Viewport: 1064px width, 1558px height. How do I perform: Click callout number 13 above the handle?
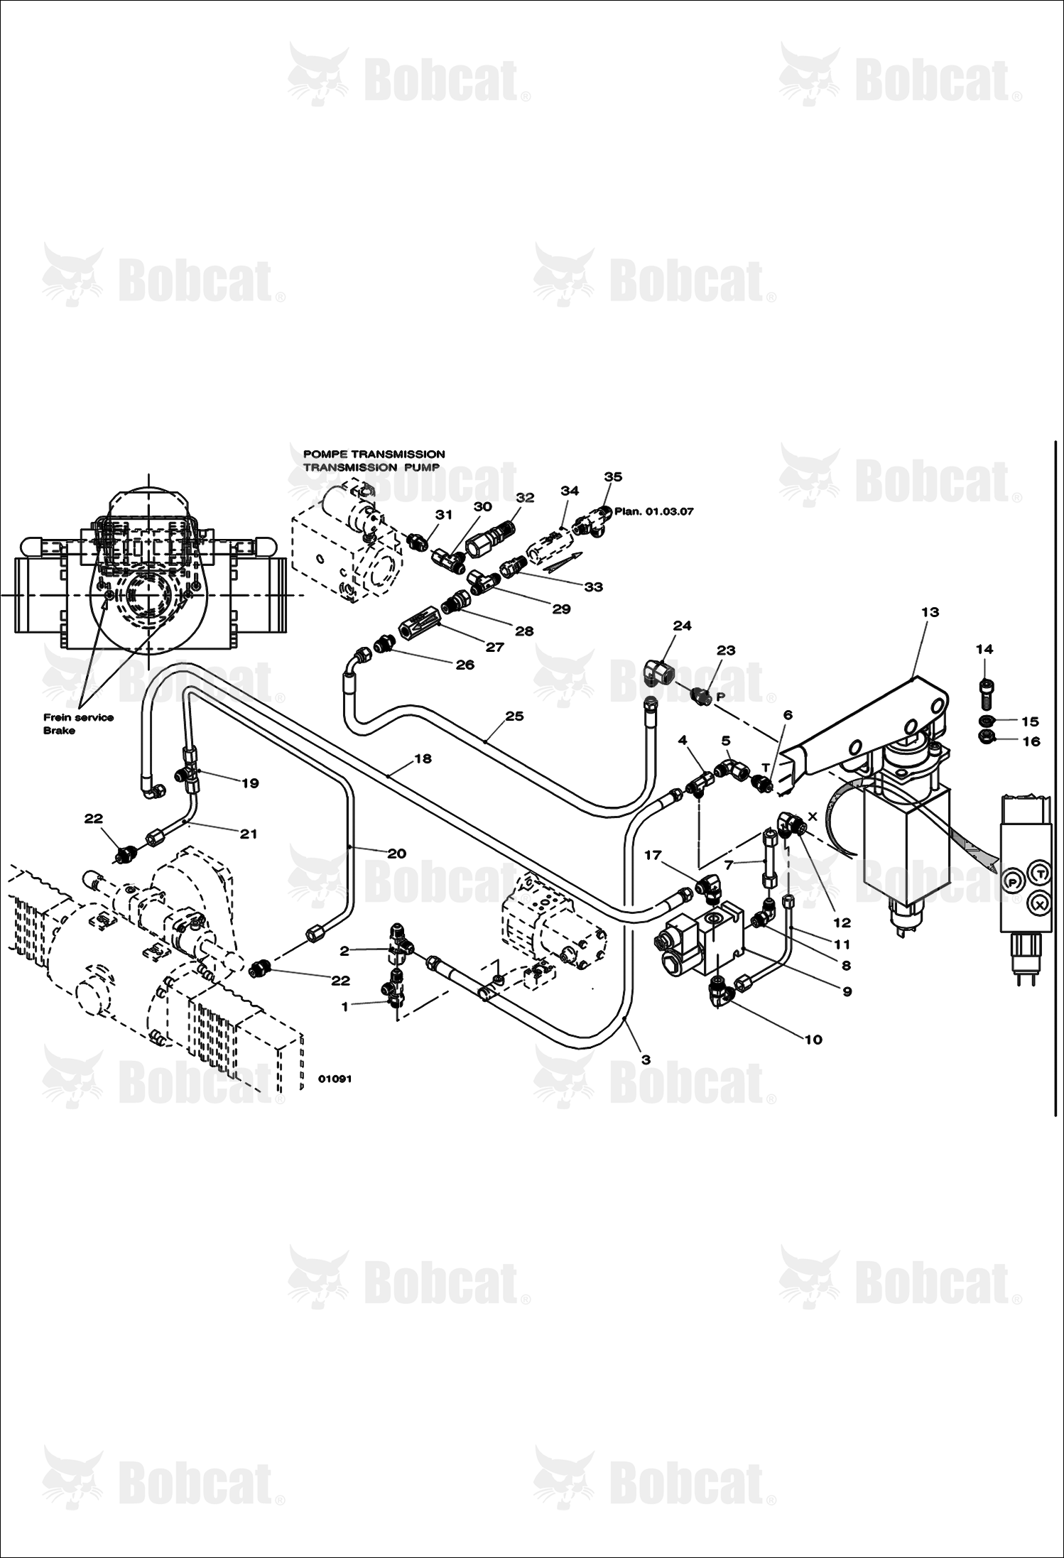click(x=930, y=612)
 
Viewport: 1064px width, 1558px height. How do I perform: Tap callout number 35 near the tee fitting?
click(x=613, y=476)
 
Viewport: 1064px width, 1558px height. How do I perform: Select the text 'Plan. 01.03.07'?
click(x=654, y=511)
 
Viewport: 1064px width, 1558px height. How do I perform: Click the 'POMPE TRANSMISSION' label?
click(x=374, y=454)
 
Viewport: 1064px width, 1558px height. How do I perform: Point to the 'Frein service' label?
click(x=79, y=717)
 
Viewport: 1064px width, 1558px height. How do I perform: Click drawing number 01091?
click(x=335, y=1079)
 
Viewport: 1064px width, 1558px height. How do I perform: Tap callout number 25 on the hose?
click(x=514, y=716)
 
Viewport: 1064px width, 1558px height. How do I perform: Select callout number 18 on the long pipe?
click(x=423, y=758)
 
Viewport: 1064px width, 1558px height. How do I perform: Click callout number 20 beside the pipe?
click(x=397, y=853)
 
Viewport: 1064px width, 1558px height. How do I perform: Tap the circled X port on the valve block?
click(x=1040, y=903)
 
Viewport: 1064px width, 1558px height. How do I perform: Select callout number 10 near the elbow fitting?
click(x=813, y=1040)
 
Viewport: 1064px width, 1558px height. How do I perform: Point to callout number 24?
click(x=682, y=626)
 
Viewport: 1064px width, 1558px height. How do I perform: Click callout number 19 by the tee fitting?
click(x=250, y=783)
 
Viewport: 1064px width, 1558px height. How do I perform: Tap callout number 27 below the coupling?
click(x=494, y=647)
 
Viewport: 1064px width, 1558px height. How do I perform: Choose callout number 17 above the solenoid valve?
click(x=653, y=856)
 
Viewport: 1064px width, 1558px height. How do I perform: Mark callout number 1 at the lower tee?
click(x=345, y=1006)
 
